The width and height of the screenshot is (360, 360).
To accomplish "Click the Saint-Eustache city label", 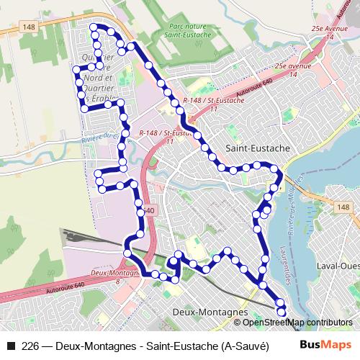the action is point(258,148).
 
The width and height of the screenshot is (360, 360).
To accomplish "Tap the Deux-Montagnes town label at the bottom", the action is point(210,312).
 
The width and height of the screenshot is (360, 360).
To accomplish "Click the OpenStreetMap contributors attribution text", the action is point(298,322).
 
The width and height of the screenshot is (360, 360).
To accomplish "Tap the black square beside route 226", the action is point(10,345).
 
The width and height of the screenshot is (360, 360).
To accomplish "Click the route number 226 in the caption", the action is point(30,345).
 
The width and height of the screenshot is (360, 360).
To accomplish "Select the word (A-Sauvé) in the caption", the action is point(245,345).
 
